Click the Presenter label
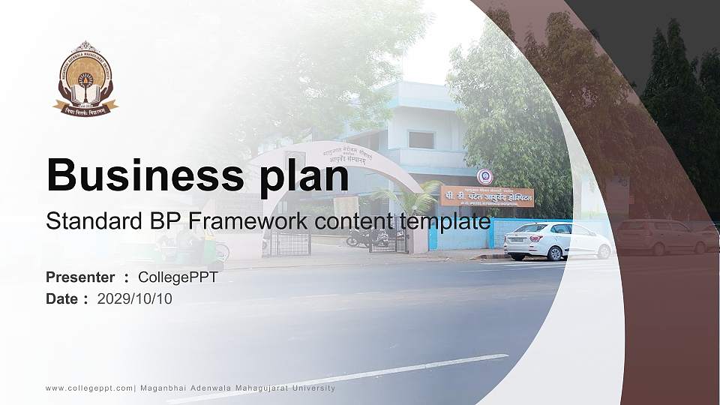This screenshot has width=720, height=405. [80, 277]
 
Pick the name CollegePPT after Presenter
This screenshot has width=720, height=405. [178, 277]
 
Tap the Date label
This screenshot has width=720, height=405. [62, 299]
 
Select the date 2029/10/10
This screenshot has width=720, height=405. [135, 299]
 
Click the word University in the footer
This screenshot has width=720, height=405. [311, 388]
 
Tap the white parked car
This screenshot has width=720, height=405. [557, 240]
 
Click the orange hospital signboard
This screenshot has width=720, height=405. [487, 196]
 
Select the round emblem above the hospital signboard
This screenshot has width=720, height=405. [485, 176]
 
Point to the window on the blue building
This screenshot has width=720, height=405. [421, 139]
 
